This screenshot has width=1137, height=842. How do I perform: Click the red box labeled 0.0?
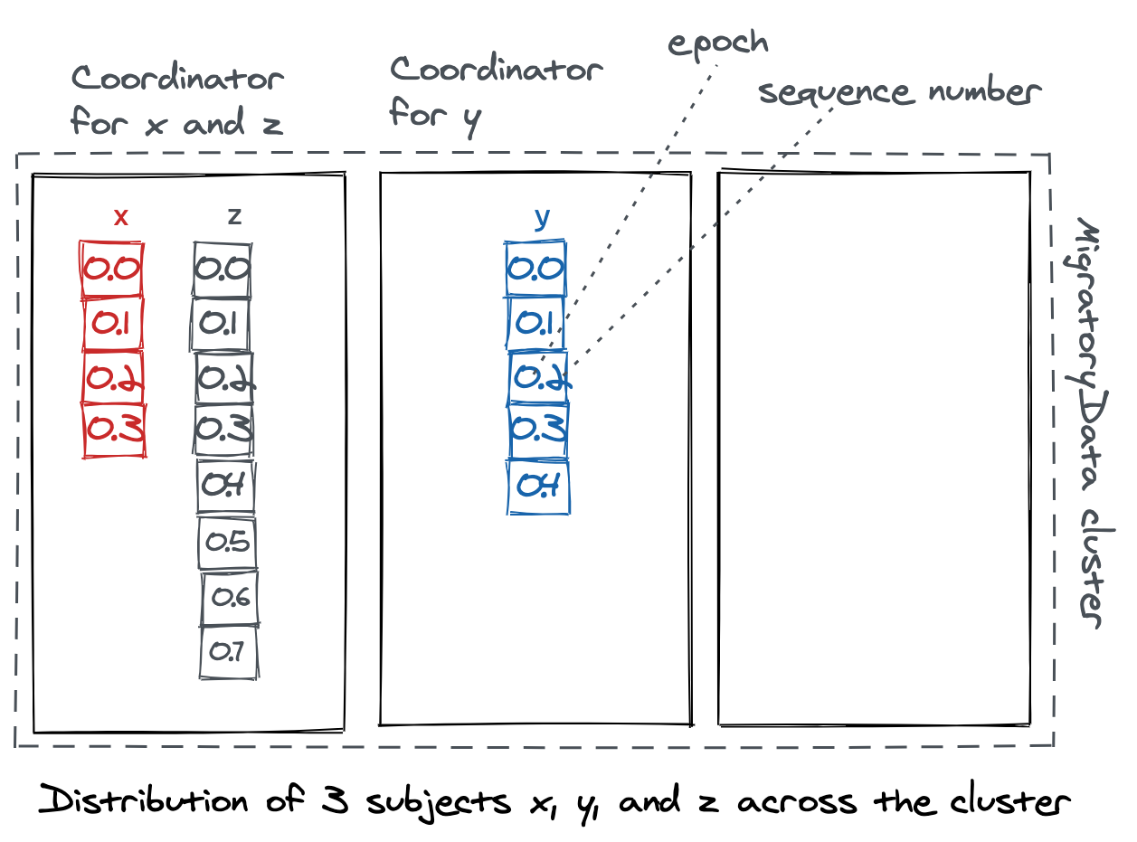coord(112,269)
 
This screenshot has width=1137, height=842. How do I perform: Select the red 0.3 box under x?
coord(114,430)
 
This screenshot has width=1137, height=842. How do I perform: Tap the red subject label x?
coord(121,216)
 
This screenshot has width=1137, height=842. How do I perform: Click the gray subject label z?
coord(234,215)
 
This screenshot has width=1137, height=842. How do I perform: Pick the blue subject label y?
coord(542,217)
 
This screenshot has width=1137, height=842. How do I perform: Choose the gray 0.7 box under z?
coord(228,651)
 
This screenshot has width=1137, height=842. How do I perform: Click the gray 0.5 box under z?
coord(227,543)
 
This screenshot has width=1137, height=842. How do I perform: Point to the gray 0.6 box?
coord(230,598)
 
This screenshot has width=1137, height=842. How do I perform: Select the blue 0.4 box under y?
coord(538,487)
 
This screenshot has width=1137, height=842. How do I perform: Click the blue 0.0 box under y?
coord(536,269)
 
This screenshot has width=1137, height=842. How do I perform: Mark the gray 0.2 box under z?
coord(224,378)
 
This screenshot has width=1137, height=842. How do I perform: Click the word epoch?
coord(718,43)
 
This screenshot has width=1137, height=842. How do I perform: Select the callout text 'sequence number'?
coord(899,91)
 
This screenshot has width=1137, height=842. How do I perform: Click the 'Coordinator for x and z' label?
coord(177,99)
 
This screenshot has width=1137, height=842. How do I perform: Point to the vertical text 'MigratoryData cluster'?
coord(1087,421)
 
